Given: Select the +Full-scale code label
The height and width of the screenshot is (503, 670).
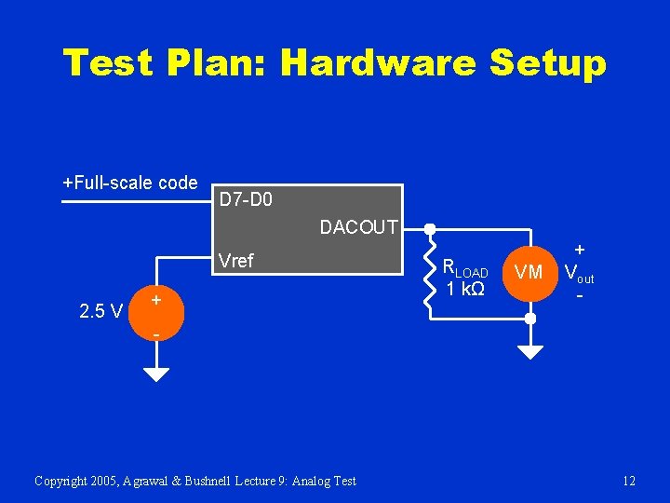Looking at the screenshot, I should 129,183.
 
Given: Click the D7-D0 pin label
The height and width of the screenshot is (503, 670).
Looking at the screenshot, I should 246,198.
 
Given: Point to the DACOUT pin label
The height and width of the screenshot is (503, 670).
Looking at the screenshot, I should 358,227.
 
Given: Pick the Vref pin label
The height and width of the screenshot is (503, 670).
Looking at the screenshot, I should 234,261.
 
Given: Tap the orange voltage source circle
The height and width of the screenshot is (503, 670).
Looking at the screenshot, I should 156,316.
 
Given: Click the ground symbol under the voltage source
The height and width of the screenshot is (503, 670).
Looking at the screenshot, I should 156,373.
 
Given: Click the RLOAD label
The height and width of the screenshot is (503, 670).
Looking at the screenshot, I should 464,267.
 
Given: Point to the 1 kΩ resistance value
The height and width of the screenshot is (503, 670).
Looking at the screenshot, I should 464,290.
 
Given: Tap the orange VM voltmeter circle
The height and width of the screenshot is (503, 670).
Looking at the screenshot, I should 529,272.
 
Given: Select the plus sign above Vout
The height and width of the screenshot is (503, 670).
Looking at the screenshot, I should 580,250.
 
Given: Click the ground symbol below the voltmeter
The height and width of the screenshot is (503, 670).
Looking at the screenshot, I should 529,351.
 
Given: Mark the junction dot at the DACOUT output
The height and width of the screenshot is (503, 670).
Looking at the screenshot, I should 430,228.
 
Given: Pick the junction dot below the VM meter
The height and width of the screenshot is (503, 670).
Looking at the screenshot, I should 529,318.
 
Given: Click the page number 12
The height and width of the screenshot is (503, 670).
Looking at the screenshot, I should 629,481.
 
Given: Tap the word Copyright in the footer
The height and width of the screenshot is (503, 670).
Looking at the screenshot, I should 60,481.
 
